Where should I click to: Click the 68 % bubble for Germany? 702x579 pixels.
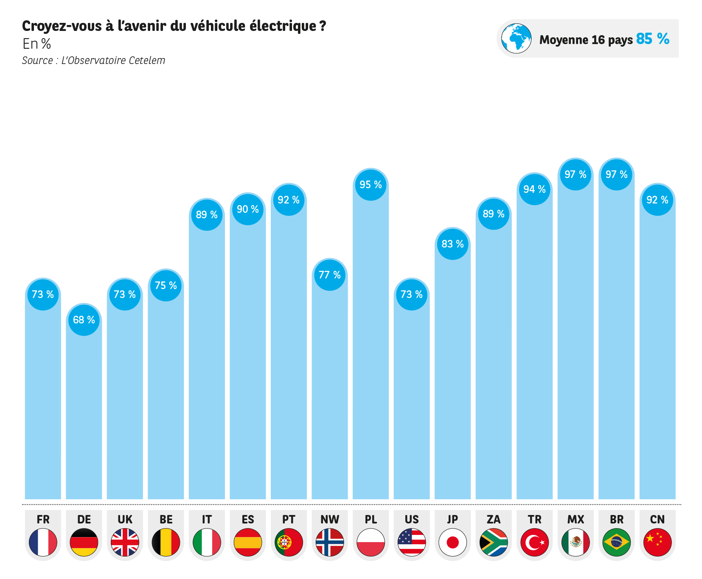[x=84, y=320]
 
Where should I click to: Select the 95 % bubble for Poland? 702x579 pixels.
[x=371, y=185]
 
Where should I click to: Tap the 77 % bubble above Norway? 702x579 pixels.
[x=330, y=275]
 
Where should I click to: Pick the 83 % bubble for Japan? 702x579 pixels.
[x=452, y=244]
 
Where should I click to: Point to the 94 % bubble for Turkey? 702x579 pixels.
[x=534, y=189]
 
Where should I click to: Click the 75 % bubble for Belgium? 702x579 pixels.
[x=166, y=286]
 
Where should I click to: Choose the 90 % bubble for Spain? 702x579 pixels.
[x=248, y=209]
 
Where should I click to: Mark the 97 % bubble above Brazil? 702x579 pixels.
[x=616, y=175]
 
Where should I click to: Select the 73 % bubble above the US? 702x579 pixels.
[x=412, y=295]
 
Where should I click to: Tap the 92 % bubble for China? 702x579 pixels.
[x=657, y=200]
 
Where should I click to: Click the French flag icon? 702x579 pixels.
[x=43, y=542]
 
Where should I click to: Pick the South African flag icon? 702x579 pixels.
[x=494, y=542]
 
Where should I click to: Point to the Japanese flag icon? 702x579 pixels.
[x=452, y=542]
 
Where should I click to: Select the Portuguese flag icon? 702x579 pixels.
[x=289, y=542]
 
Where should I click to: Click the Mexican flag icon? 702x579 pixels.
[x=576, y=542]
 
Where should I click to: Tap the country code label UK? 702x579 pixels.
[x=125, y=520]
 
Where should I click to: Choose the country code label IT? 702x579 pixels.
[x=207, y=520]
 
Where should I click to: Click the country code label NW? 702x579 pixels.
[x=330, y=520]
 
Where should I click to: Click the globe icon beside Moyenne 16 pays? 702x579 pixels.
[x=516, y=39]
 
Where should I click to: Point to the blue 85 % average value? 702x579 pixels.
[x=652, y=39]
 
